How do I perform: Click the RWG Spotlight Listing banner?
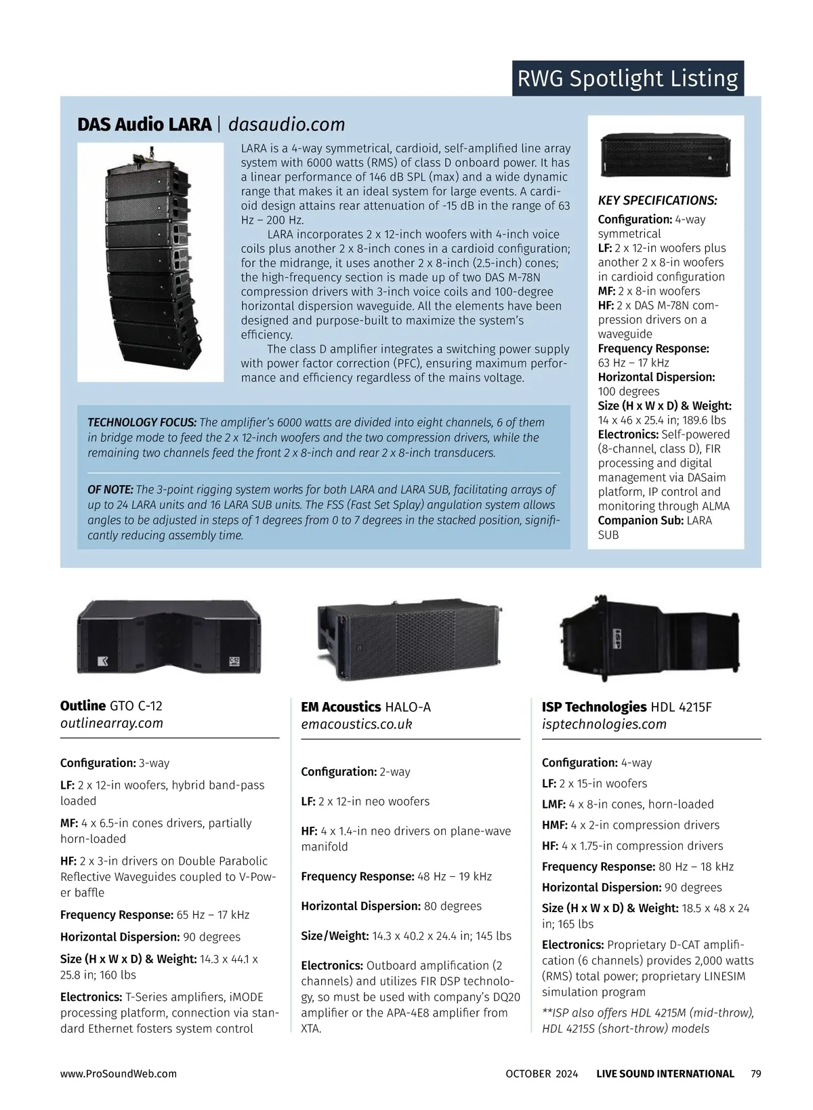click(627, 79)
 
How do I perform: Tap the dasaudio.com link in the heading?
click(287, 125)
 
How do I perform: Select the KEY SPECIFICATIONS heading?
click(657, 201)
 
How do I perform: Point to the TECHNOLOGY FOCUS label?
click(142, 422)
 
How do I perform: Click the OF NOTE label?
click(110, 489)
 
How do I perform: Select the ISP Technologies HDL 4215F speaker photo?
click(649, 638)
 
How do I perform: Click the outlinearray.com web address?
click(112, 723)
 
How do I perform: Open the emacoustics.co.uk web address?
click(356, 724)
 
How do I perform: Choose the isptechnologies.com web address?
click(604, 724)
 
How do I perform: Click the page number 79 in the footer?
click(756, 1073)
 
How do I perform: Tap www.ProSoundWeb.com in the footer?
click(119, 1073)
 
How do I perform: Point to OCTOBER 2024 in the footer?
click(541, 1073)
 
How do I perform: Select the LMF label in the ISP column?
click(554, 804)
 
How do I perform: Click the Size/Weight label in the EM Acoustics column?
click(335, 936)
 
